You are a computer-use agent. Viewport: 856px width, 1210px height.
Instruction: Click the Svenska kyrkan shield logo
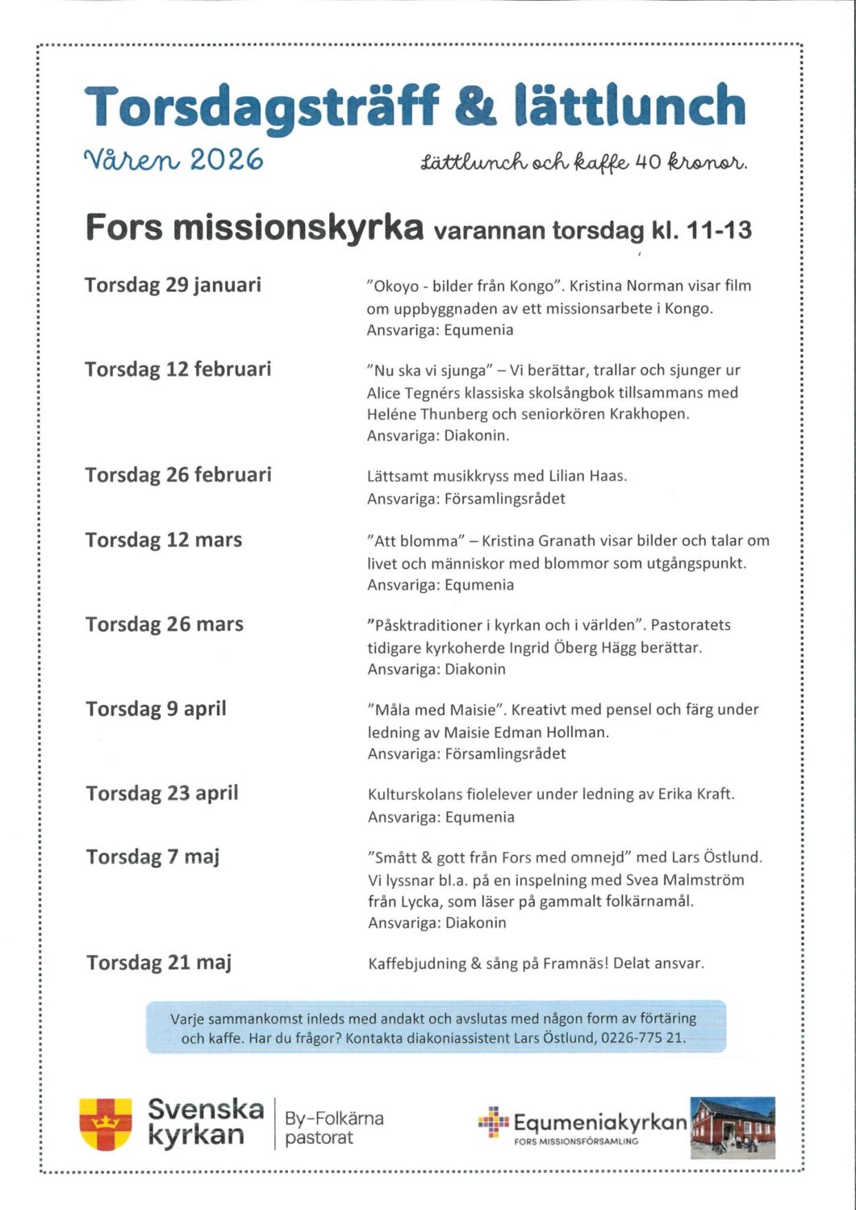(106, 1123)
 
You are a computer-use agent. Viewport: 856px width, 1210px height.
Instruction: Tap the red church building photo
(733, 1127)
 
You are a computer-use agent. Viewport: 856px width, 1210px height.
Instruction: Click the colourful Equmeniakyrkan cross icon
(493, 1121)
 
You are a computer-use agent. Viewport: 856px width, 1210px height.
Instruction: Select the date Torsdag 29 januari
(173, 285)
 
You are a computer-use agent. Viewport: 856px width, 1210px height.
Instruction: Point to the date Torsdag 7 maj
(152, 857)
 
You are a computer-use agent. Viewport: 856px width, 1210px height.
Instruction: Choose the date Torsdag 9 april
(156, 709)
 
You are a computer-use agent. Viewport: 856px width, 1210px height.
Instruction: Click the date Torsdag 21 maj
(159, 962)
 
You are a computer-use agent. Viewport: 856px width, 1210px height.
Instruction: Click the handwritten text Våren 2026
(173, 160)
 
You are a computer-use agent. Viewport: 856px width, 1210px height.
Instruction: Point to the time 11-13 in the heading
(719, 231)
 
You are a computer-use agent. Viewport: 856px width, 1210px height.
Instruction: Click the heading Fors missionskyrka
(254, 228)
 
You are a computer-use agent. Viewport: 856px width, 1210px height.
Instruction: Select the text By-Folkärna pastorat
(333, 1128)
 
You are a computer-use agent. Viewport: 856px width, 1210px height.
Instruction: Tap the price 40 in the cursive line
(647, 162)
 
